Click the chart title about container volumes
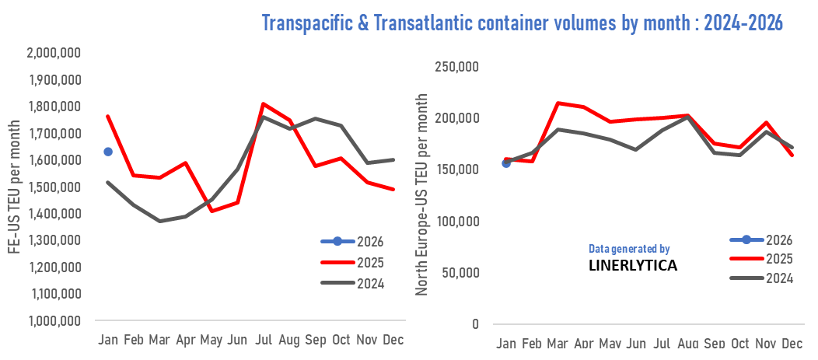pyautogui.click(x=521, y=23)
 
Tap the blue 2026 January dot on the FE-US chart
pyautogui.click(x=108, y=152)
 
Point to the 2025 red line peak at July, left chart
pyautogui.click(x=264, y=103)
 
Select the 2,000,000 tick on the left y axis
pyautogui.click(x=55, y=53)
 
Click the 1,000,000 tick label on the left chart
pyautogui.click(x=55, y=320)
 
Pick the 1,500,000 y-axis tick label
pyautogui.click(x=55, y=187)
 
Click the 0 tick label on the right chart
pyautogui.click(x=474, y=324)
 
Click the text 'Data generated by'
pyautogui.click(x=628, y=249)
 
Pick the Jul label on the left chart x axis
pyautogui.click(x=264, y=340)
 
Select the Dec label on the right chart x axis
pyautogui.click(x=792, y=344)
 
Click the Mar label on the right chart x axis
pyautogui.click(x=558, y=344)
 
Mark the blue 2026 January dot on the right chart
pyautogui.click(x=506, y=163)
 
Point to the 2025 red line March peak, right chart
pyautogui.click(x=557, y=103)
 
